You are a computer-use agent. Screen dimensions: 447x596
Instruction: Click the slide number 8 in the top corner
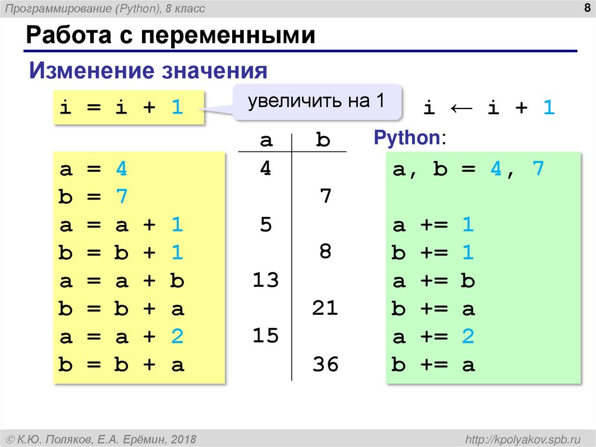click(x=583, y=8)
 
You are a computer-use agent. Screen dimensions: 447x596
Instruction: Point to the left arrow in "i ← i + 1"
click(x=460, y=107)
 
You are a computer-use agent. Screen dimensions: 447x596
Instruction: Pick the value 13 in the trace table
click(x=265, y=281)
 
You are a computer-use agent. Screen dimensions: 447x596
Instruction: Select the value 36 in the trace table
click(x=325, y=365)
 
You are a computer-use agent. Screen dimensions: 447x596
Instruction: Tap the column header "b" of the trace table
click(x=322, y=140)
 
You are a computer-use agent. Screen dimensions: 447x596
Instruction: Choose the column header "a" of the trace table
click(x=265, y=140)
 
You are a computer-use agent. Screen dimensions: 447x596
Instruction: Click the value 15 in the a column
click(x=265, y=337)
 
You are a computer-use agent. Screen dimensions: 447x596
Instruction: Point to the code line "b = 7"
click(x=93, y=198)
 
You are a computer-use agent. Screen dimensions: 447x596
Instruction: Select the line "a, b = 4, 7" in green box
click(x=468, y=170)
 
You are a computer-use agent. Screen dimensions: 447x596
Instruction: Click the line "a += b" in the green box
click(x=434, y=281)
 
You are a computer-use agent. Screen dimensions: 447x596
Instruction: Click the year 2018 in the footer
click(x=183, y=439)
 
